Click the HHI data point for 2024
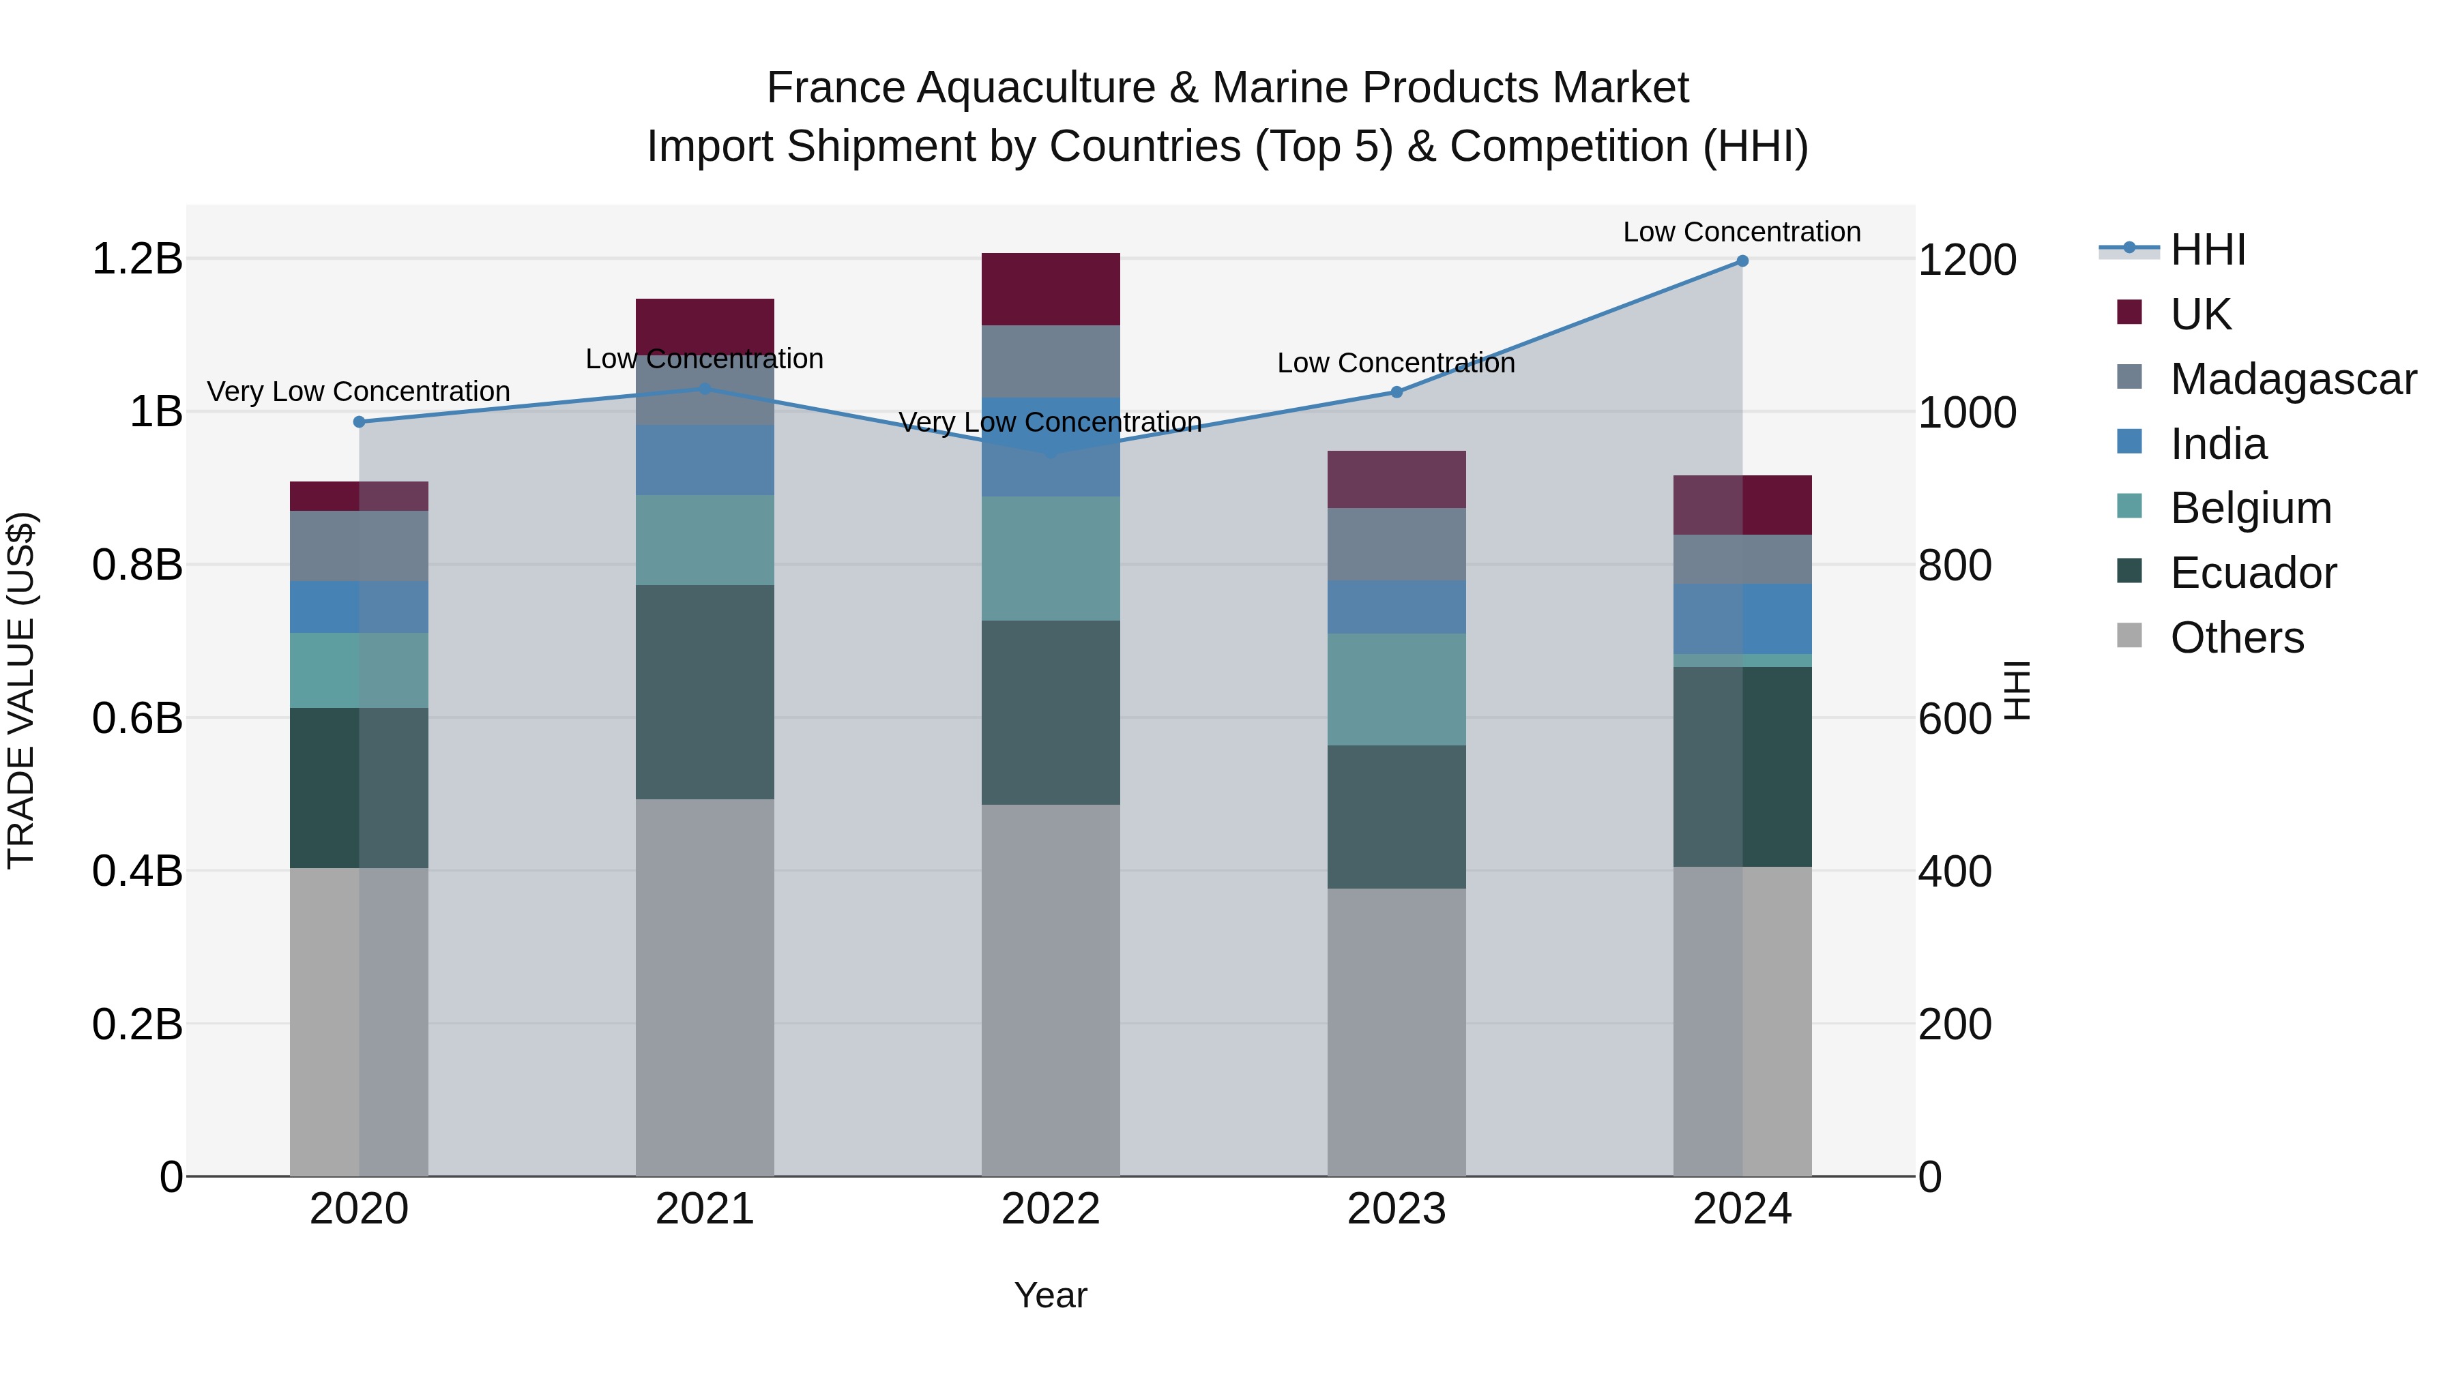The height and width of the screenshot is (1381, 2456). point(1742,261)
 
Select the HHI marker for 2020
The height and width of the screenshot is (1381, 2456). point(360,422)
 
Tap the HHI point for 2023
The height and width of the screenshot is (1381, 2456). point(1397,391)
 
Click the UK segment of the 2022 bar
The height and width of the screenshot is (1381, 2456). point(1051,288)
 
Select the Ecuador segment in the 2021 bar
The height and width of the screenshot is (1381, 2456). point(705,692)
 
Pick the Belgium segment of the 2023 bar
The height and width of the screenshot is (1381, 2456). point(1397,689)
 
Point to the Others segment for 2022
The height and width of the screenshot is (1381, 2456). point(1051,990)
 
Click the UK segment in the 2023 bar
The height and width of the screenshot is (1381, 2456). point(1397,479)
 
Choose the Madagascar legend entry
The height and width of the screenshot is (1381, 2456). point(2293,379)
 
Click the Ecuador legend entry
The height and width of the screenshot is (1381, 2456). point(2253,573)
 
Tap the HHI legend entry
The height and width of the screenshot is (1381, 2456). point(2208,250)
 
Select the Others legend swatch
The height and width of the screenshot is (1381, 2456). point(2129,636)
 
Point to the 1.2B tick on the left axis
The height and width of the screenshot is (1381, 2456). point(137,259)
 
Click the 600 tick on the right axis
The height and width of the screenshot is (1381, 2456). point(1955,719)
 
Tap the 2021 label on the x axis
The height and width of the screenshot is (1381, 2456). point(705,1209)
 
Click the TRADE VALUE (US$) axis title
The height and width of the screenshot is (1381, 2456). point(21,690)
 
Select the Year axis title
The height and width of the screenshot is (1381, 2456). point(1051,1295)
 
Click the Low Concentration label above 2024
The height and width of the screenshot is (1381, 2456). point(1742,232)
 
